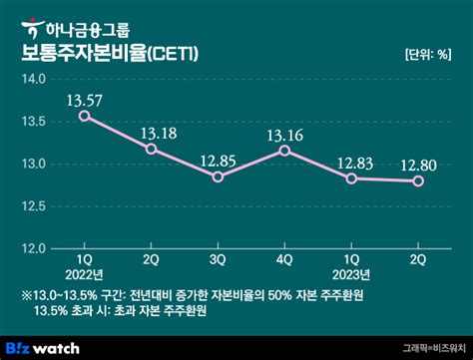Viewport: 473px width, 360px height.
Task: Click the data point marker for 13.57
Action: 85,116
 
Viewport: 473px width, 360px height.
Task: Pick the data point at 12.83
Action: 351,179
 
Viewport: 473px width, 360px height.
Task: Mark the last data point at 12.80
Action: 419,180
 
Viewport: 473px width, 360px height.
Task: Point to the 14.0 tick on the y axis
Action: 35,78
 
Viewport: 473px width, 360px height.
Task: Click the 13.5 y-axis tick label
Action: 35,121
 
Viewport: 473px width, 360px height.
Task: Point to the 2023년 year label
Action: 352,274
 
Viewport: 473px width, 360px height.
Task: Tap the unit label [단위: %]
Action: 430,54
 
